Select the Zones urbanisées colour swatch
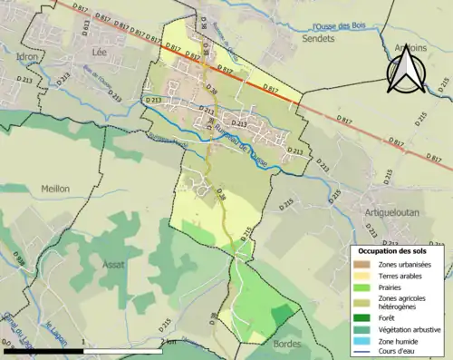pyautogui.click(x=363, y=264)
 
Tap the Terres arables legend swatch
pyautogui.click(x=363, y=276)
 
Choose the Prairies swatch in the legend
pyautogui.click(x=363, y=287)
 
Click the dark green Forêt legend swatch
pyautogui.click(x=363, y=317)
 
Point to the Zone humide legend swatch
pyautogui.click(x=363, y=342)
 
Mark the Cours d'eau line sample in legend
pyautogui.click(x=363, y=353)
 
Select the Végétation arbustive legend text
pyautogui.click(x=408, y=329)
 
